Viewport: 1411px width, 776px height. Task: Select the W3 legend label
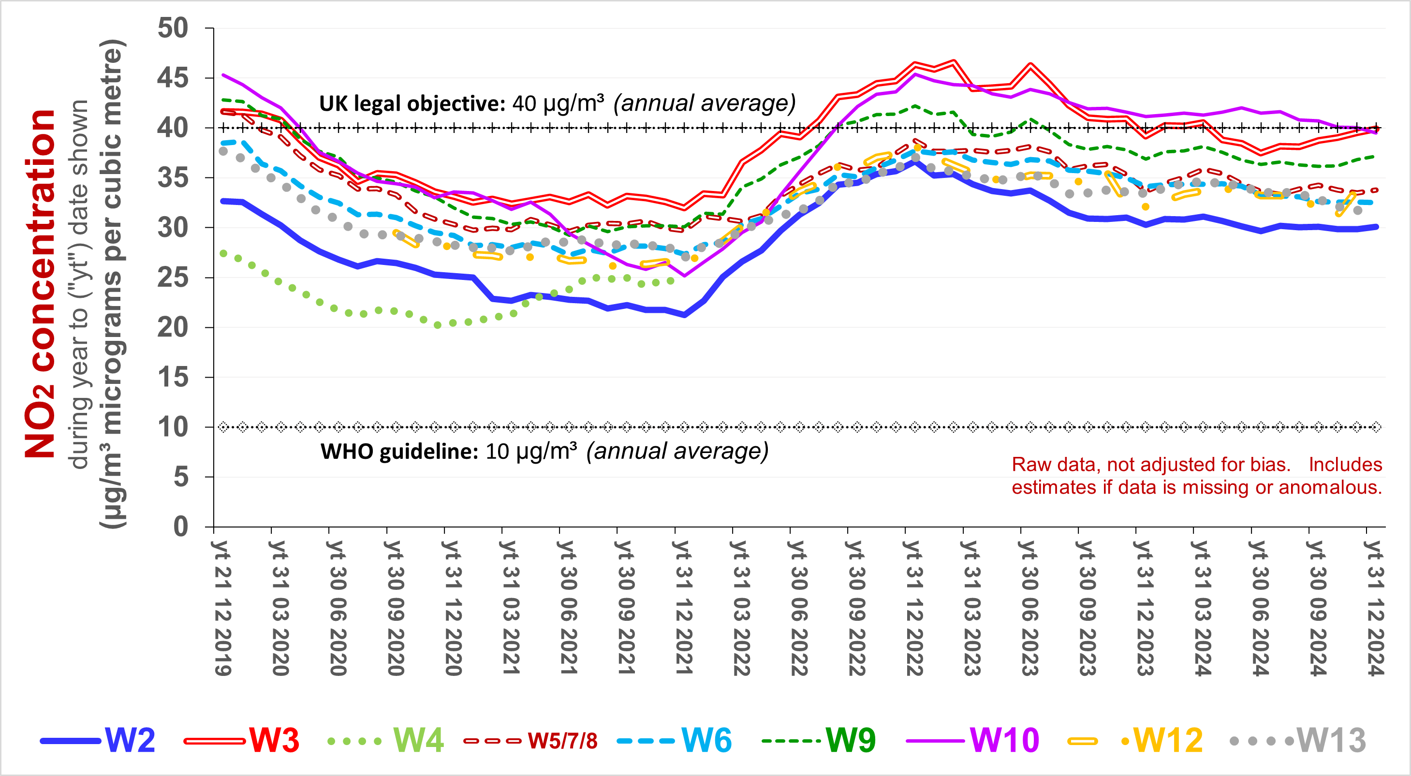point(274,740)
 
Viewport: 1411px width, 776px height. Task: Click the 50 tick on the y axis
point(173,28)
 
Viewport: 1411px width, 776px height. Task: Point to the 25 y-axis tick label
point(173,278)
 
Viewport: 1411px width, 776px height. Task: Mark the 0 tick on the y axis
point(181,527)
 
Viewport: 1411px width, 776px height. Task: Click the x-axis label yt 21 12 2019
point(222,608)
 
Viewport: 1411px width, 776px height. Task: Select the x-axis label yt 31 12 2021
point(684,608)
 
